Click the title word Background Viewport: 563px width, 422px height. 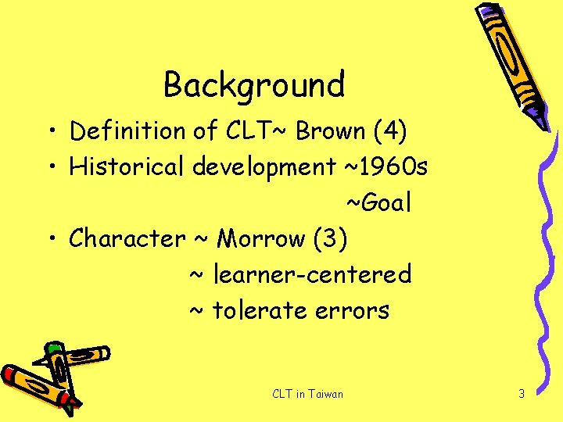pyautogui.click(x=254, y=84)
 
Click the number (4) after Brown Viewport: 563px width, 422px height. pyautogui.click(x=389, y=131)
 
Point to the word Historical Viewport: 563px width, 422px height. pyautogui.click(x=129, y=166)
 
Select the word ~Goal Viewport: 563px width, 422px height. pyautogui.click(x=378, y=203)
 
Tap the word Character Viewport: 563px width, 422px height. pyautogui.click(x=127, y=238)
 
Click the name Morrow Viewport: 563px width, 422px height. pyautogui.click(x=261, y=238)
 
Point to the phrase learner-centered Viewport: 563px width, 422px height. pyautogui.click(x=312, y=274)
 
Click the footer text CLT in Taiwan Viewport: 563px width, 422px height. pyautogui.click(x=307, y=394)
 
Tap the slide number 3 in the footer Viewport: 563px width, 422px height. pyautogui.click(x=522, y=394)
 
